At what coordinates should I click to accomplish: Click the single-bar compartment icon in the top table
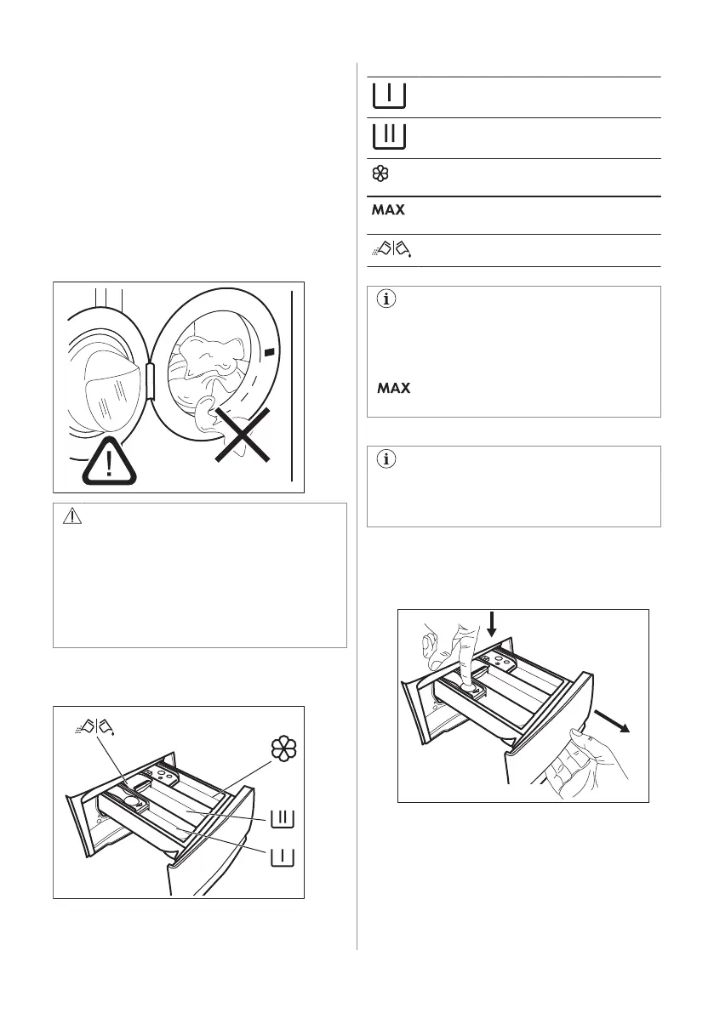click(388, 96)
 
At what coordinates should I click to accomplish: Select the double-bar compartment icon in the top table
click(388, 137)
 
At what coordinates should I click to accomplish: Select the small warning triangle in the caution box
click(78, 518)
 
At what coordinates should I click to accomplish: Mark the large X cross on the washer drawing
click(243, 433)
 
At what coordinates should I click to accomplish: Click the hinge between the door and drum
click(151, 379)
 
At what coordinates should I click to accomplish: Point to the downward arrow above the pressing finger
click(492, 636)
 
